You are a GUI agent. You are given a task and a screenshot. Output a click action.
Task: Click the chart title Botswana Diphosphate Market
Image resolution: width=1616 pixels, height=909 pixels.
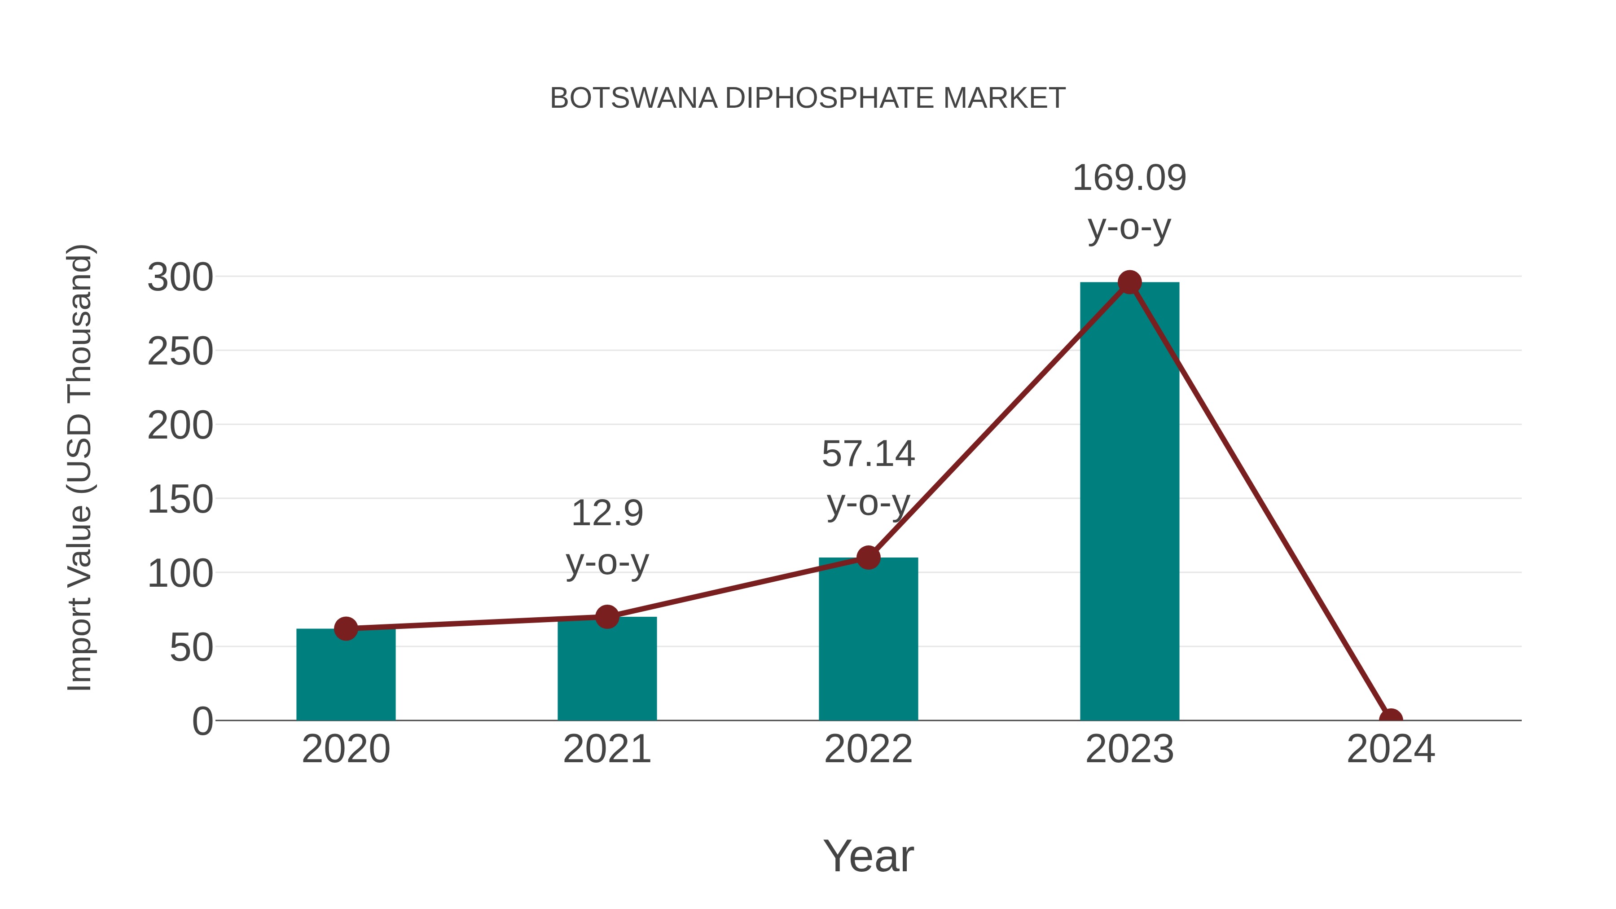point(808,98)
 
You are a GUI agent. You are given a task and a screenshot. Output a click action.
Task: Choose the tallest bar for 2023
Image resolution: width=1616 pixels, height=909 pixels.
point(1129,502)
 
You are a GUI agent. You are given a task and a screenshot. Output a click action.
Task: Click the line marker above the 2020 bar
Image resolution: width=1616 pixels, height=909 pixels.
point(346,628)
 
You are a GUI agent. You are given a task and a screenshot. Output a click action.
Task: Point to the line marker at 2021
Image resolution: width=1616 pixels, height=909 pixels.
point(606,617)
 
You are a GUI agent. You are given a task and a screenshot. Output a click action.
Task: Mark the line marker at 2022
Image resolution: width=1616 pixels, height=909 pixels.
point(868,557)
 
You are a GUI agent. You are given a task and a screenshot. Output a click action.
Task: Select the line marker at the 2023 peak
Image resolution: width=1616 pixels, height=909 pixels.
point(1129,282)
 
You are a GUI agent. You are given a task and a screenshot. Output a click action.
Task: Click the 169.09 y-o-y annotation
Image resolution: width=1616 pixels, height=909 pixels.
point(1129,202)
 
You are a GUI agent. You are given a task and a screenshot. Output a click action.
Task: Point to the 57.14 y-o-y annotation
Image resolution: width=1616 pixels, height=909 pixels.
point(868,478)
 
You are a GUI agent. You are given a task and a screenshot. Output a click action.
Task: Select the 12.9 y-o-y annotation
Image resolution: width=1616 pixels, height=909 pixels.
point(606,538)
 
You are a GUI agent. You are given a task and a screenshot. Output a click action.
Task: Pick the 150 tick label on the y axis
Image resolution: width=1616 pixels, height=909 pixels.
point(180,500)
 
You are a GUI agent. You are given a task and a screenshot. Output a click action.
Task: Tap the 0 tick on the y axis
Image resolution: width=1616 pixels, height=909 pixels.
point(202,721)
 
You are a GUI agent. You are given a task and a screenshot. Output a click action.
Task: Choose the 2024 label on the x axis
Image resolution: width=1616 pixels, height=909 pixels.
point(1391,749)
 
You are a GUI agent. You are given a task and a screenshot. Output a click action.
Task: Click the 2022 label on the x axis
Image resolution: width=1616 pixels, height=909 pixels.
point(868,749)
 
